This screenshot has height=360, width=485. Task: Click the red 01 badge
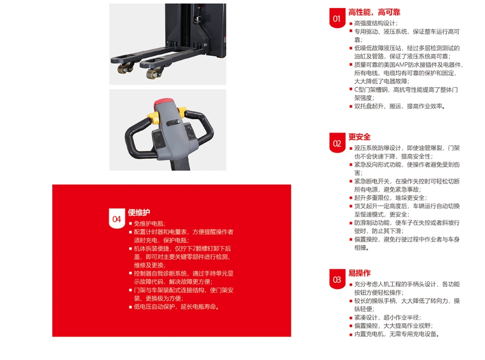pyautogui.click(x=337, y=18)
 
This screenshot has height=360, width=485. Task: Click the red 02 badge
pyautogui.click(x=337, y=143)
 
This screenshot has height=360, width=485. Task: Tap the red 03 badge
pyautogui.click(x=337, y=279)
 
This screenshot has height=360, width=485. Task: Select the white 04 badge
pyautogui.click(x=117, y=219)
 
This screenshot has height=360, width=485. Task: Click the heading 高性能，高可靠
pyautogui.click(x=374, y=12)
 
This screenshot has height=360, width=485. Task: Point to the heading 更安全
pyautogui.click(x=360, y=137)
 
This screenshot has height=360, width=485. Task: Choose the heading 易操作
pyautogui.click(x=360, y=273)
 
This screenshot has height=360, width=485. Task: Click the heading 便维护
pyautogui.click(x=139, y=213)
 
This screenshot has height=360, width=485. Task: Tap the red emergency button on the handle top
pyautogui.click(x=164, y=102)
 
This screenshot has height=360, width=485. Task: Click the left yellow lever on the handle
pyautogui.click(x=152, y=117)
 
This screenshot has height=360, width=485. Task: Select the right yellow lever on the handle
pyautogui.click(x=182, y=112)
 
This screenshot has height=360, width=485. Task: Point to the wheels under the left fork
pyautogui.click(x=125, y=69)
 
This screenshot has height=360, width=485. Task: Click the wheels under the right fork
pyautogui.click(x=154, y=74)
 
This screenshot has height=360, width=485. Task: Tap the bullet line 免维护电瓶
pyautogui.click(x=150, y=224)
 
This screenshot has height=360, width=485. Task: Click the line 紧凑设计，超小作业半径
pyautogui.click(x=387, y=318)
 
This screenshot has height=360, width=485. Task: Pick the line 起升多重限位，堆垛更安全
pyautogui.click(x=390, y=198)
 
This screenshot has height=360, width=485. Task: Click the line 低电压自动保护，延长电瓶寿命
pyautogui.click(x=176, y=307)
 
